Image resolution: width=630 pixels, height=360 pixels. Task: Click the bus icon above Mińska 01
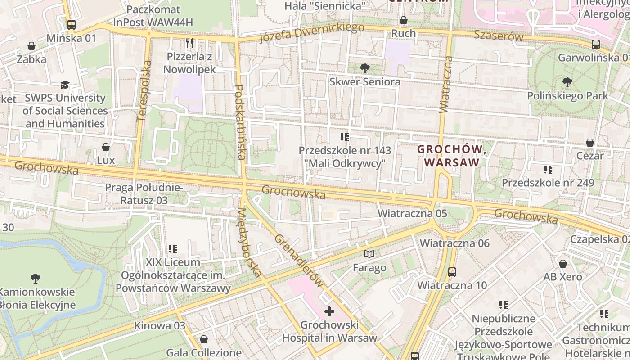click(x=72, y=24)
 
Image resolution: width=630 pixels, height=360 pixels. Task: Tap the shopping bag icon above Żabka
click(x=31, y=46)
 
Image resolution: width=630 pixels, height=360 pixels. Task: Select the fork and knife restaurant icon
click(x=189, y=43)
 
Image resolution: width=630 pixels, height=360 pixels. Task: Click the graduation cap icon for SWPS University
click(x=65, y=85)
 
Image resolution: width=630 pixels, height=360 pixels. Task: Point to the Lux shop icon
click(x=106, y=147)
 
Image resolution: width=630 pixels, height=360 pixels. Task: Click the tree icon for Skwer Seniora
click(x=364, y=68)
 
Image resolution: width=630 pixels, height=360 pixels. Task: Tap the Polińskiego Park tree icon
click(x=567, y=82)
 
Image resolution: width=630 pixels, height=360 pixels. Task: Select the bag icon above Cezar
click(x=590, y=143)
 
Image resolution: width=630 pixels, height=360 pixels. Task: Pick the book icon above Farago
click(x=369, y=254)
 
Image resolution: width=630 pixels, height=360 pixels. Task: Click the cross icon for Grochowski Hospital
click(x=329, y=311)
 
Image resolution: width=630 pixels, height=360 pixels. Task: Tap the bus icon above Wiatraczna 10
click(x=452, y=272)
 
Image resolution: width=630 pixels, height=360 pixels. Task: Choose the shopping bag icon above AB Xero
click(x=562, y=264)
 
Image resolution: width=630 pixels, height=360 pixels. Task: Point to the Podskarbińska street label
click(x=240, y=122)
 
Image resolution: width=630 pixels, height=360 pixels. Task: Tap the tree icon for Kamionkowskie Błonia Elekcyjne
click(x=36, y=278)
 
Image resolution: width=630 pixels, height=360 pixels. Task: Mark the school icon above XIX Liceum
click(x=173, y=248)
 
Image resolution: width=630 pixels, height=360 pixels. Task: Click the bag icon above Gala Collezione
click(x=204, y=339)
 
